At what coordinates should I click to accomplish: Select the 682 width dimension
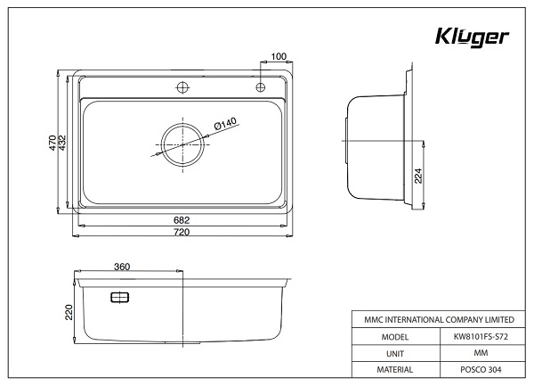coord(182,219)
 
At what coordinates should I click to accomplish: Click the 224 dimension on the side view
coord(418,176)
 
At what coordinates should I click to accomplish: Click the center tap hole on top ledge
coord(182,86)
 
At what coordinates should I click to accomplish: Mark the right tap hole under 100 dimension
coord(260,86)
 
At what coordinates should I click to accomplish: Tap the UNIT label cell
coord(393,354)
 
